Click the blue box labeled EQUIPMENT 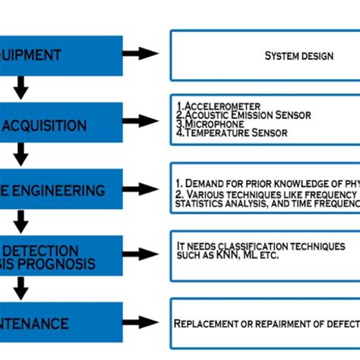coord(61,55)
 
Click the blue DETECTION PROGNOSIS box coord(61,256)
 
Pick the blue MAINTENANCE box coord(61,324)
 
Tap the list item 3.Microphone coord(209,125)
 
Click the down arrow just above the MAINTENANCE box coord(21,289)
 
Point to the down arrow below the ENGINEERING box coord(21,222)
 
